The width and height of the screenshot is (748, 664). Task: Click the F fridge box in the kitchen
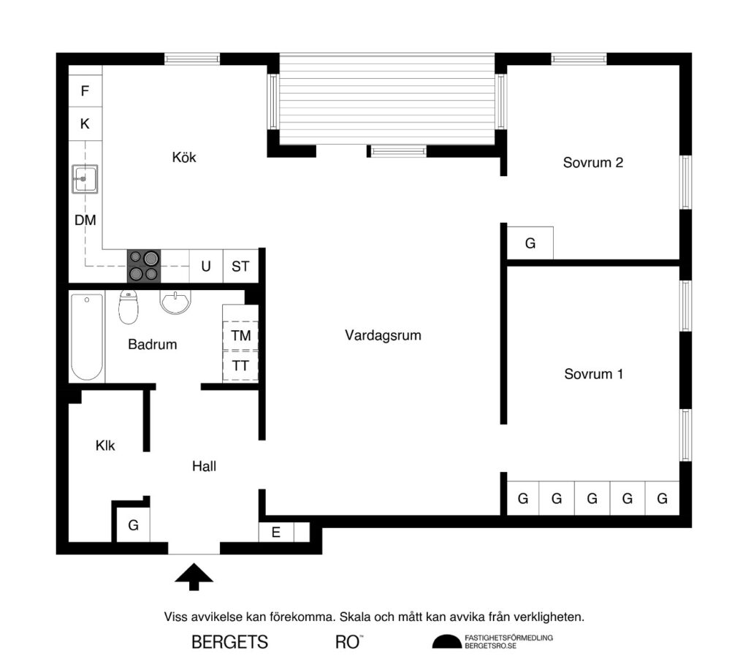point(85,91)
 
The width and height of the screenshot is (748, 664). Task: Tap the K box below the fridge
point(85,124)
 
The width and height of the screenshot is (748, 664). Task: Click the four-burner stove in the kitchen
point(143,266)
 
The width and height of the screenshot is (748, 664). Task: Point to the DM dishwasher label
point(85,219)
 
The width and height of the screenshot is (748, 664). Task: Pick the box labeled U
point(206,267)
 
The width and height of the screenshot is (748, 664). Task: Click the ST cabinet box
point(240,267)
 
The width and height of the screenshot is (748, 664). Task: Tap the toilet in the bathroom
point(129,308)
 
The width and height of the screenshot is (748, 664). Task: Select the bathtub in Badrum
point(87,336)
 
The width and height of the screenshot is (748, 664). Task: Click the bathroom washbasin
point(175,302)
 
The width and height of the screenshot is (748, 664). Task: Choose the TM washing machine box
point(240,336)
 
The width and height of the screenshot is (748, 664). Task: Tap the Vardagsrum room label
point(383,335)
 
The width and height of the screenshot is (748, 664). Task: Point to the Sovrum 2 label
point(592,162)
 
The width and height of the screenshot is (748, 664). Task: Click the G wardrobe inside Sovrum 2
point(530,243)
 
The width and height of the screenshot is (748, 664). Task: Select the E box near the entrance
point(276,533)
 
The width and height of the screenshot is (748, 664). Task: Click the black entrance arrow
point(194,575)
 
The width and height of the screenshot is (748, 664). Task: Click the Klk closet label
point(105,445)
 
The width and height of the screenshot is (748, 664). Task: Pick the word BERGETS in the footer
point(229,642)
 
